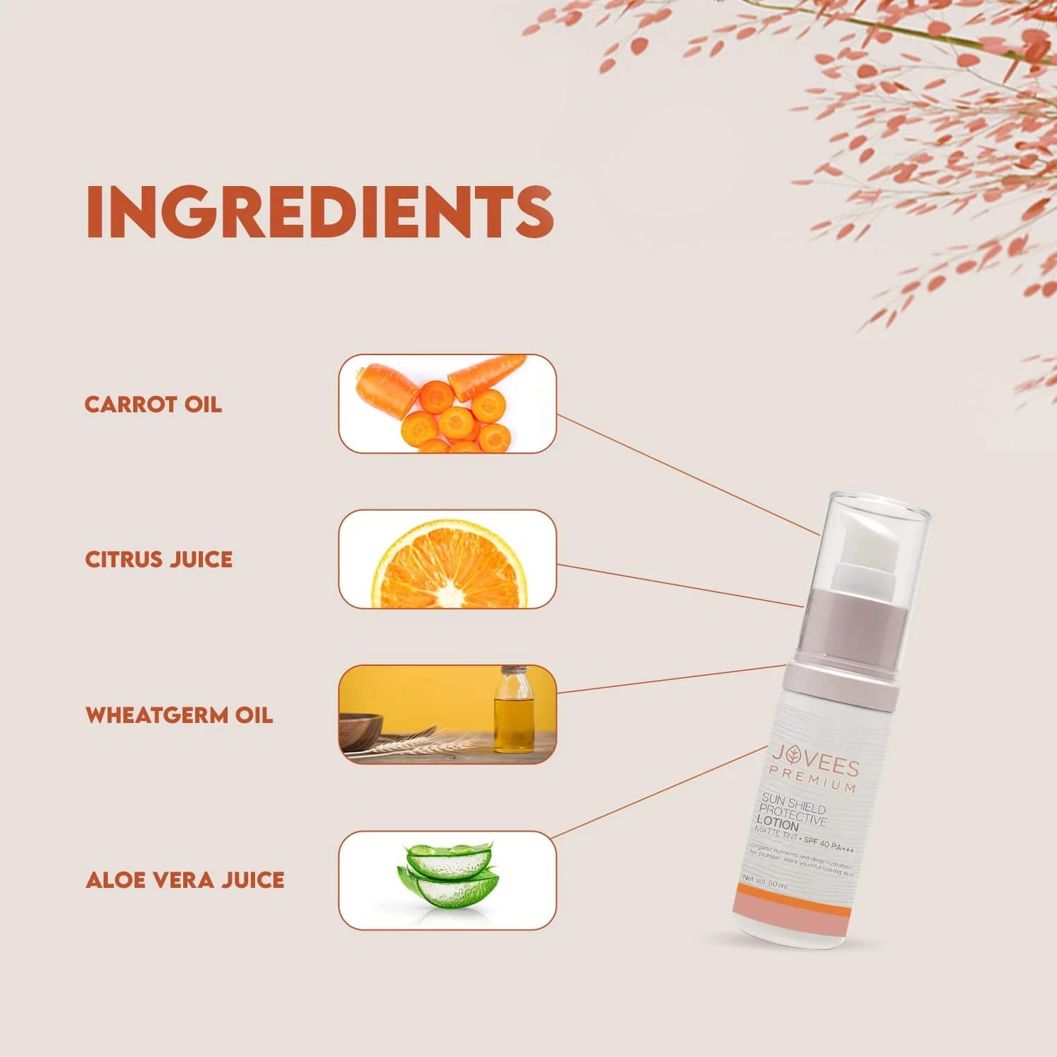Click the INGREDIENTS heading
click(320, 211)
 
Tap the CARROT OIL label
click(153, 404)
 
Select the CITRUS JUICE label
click(159, 560)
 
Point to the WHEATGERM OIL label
click(179, 715)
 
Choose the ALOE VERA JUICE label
click(185, 880)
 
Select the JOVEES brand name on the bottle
click(815, 760)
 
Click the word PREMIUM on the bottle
click(812, 779)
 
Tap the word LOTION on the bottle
click(777, 822)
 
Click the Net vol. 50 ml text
click(765, 881)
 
